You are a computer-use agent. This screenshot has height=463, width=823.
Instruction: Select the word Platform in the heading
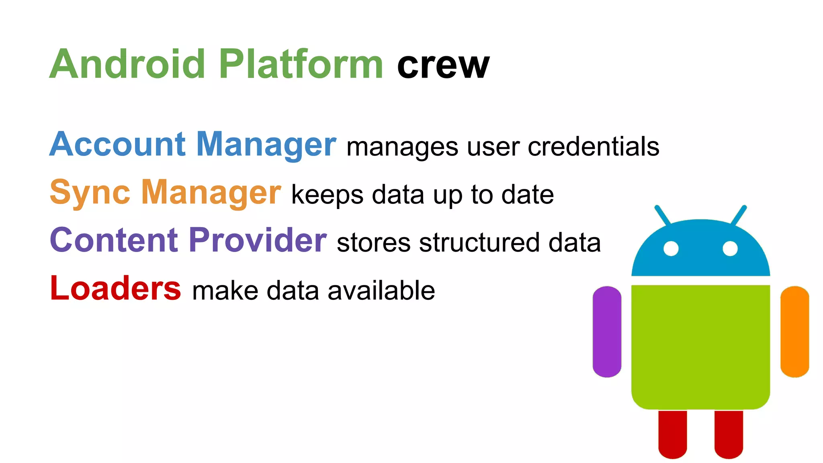[x=301, y=64]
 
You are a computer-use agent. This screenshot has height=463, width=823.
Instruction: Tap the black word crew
[x=443, y=65]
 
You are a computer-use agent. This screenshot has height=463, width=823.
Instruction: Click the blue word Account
[x=117, y=144]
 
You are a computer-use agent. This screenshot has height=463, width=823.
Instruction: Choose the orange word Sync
[x=90, y=193]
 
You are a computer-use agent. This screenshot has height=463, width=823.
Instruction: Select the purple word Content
[x=114, y=240]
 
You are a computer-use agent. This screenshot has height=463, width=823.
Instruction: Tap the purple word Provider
[x=258, y=240]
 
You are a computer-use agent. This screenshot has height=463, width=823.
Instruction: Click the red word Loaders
[x=115, y=288]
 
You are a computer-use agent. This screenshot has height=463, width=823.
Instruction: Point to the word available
[x=381, y=290]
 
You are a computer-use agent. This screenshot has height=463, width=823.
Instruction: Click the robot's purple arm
[x=607, y=332]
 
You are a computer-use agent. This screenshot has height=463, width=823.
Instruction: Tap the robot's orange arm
[x=794, y=332]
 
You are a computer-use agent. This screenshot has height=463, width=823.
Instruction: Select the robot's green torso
[x=700, y=346]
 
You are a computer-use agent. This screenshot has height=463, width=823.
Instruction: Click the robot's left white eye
[x=671, y=248]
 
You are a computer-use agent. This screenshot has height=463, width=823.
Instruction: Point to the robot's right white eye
[x=730, y=248]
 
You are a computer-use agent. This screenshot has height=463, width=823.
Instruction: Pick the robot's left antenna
[x=662, y=215]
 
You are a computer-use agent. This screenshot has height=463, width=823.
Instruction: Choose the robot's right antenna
[x=739, y=215]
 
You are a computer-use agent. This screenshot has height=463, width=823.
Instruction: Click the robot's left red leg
[x=672, y=434]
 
